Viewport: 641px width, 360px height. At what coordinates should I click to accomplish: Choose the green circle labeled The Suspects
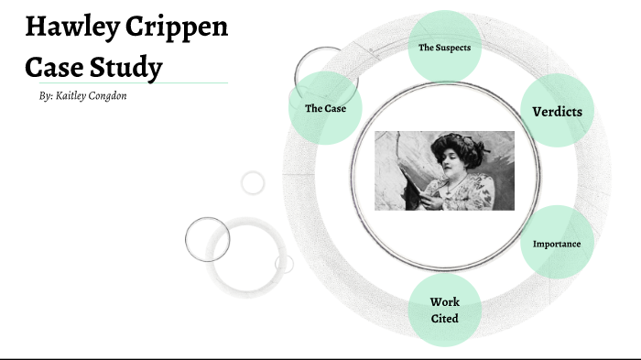tap(444, 47)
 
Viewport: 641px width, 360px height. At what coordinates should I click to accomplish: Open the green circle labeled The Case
tap(324, 108)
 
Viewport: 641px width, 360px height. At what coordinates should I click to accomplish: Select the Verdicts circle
tap(557, 112)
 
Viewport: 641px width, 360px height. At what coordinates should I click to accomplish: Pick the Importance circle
tap(556, 244)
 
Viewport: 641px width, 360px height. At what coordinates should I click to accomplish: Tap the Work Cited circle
tap(444, 310)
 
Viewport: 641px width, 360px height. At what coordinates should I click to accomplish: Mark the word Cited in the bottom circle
tap(444, 319)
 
